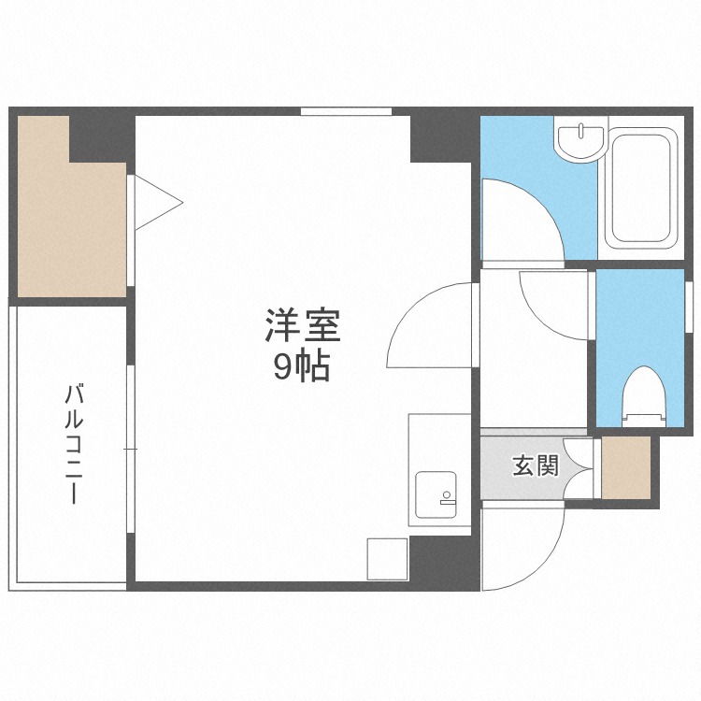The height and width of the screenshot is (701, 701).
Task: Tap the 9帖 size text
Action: coord(302,367)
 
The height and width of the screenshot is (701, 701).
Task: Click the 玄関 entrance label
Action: coord(535,465)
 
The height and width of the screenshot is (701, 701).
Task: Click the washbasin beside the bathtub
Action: coord(579,140)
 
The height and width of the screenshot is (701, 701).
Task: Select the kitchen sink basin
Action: coord(434,492)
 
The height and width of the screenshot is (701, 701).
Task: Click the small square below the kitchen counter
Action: coord(387,558)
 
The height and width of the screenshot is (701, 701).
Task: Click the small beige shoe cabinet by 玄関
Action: coord(624,468)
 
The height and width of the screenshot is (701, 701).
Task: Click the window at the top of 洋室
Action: coord(346,112)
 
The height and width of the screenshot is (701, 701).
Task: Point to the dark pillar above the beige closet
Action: coord(98,136)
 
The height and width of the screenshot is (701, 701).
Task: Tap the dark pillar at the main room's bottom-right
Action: coord(444,561)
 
